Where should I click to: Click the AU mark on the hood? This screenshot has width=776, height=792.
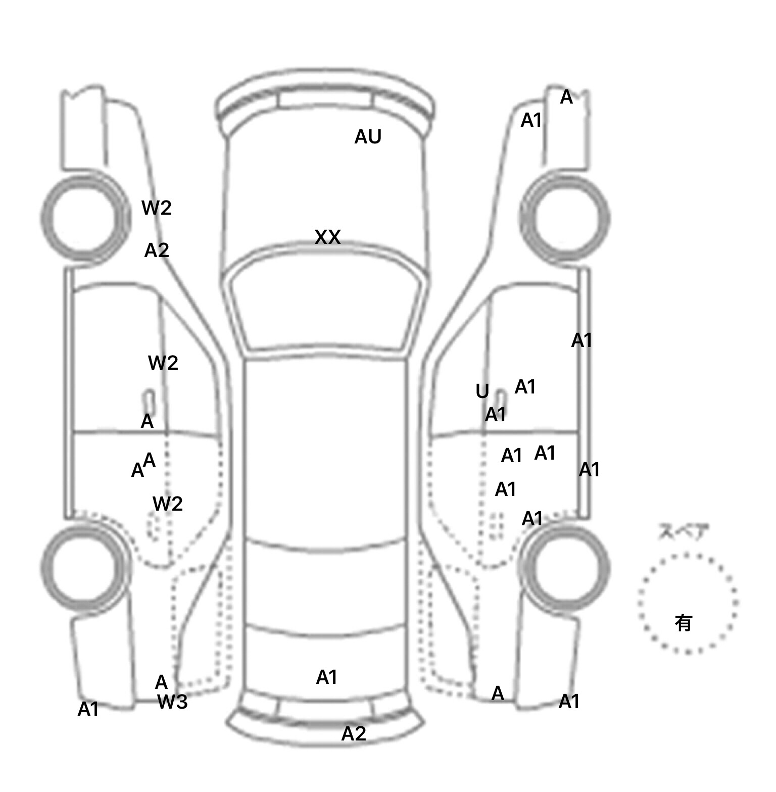pyautogui.click(x=368, y=137)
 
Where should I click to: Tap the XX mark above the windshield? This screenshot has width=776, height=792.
pyautogui.click(x=327, y=237)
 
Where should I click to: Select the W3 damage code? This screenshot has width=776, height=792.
pyautogui.click(x=172, y=702)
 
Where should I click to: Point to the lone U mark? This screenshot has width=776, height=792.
pyautogui.click(x=482, y=391)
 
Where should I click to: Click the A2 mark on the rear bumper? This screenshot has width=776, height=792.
pyautogui.click(x=354, y=733)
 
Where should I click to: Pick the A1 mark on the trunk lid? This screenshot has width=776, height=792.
pyautogui.click(x=326, y=677)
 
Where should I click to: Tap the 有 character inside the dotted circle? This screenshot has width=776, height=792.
pyautogui.click(x=683, y=623)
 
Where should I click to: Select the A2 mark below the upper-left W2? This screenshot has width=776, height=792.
pyautogui.click(x=157, y=251)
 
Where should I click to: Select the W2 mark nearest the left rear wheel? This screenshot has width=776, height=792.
pyautogui.click(x=167, y=504)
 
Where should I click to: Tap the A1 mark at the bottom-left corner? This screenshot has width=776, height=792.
pyautogui.click(x=88, y=710)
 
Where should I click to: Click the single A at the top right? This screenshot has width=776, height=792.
pyautogui.click(x=566, y=97)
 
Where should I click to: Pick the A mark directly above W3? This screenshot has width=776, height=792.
pyautogui.click(x=161, y=682)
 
